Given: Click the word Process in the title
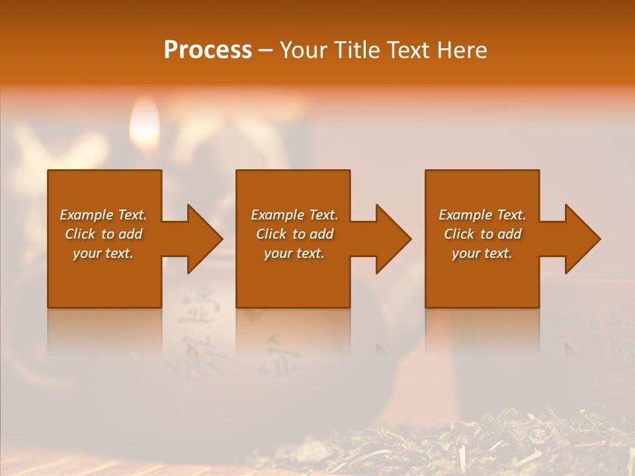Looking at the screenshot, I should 208,50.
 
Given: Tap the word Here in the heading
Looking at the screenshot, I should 462,50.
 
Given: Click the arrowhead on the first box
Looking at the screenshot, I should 204,239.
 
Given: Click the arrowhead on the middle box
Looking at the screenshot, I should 393,239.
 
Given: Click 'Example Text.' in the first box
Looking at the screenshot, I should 103,215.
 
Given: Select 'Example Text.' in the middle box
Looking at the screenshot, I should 294,215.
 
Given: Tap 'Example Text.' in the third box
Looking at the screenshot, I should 482,215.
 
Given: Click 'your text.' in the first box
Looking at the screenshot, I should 103,253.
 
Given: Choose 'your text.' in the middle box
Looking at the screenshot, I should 294,253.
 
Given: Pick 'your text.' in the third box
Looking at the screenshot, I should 482,253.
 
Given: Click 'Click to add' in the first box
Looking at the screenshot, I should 103,234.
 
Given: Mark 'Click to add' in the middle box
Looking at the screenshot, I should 294,234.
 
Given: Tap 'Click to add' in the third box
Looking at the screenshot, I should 482,234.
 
